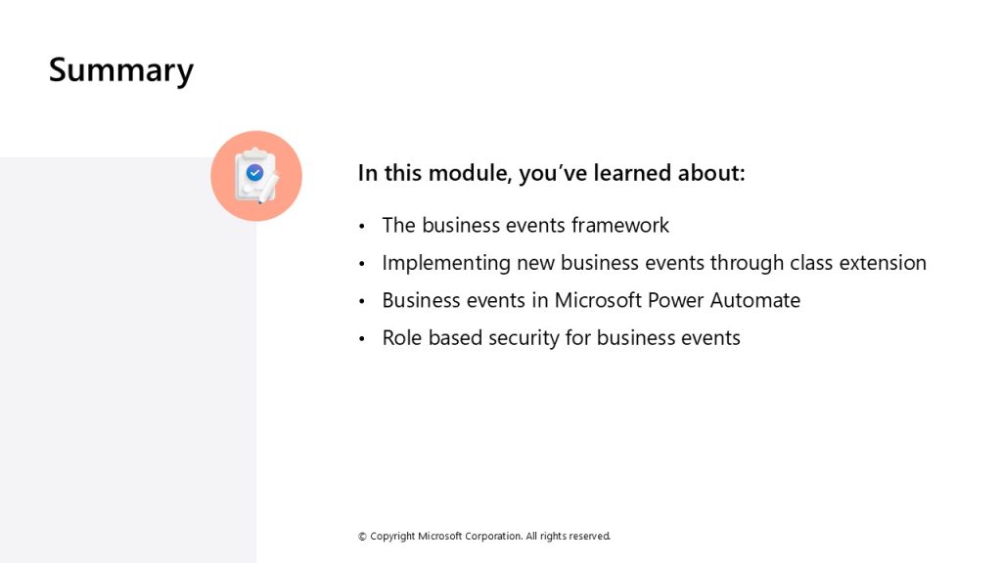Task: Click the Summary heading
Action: [x=120, y=70]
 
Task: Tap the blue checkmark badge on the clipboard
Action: [x=255, y=172]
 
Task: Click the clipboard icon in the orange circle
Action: [x=255, y=176]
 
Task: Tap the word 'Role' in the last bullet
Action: [x=402, y=337]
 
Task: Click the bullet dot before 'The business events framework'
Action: [x=362, y=226]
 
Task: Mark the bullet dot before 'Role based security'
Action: [x=362, y=339]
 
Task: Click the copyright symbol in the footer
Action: [x=362, y=537]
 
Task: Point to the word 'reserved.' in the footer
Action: [x=589, y=537]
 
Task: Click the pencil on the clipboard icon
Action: [x=268, y=189]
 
